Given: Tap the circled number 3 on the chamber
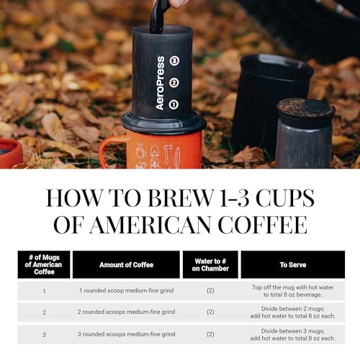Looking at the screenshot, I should (174, 61).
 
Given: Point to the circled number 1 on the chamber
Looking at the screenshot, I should (174, 104).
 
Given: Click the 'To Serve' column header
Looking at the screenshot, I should (292, 265).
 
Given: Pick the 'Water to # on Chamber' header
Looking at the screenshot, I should (210, 265).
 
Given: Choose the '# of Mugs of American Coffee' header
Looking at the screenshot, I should (44, 265).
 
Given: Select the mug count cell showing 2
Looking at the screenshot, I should (44, 312).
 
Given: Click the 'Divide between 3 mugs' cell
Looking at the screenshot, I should (292, 334).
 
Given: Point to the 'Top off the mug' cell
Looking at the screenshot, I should (292, 290).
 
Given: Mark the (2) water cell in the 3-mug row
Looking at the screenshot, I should (210, 334).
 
